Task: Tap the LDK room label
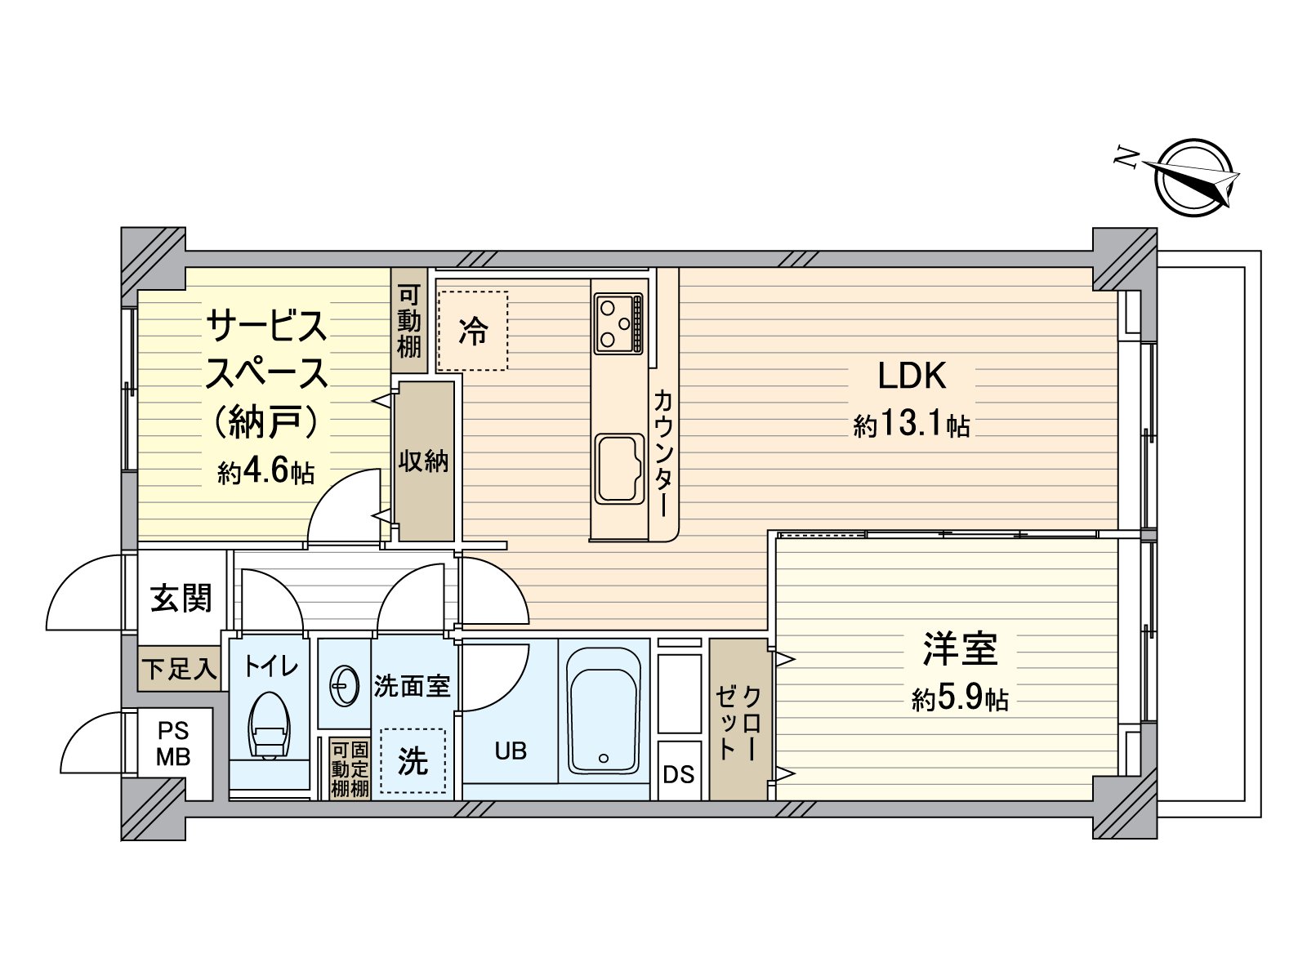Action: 912,376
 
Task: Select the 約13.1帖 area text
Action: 912,425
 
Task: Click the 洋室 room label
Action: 960,649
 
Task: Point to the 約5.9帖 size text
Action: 960,699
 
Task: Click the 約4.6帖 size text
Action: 266,473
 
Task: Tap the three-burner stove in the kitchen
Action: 618,323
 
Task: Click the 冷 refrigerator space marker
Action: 473,331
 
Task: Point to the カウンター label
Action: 665,453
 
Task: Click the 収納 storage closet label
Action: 423,461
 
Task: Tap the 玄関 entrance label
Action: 181,598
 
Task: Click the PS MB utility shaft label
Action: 173,743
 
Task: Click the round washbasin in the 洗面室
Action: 344,686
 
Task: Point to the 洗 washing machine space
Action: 413,761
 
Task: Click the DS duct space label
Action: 679,774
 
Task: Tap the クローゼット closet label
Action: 738,723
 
